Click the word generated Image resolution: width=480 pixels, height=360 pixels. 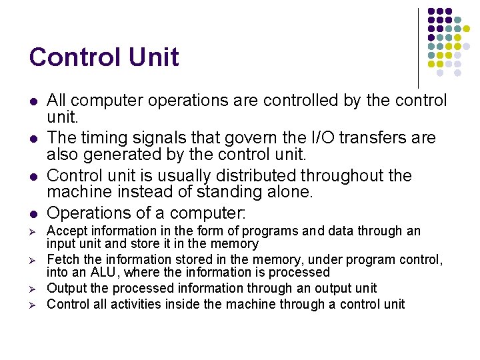tap(134, 155)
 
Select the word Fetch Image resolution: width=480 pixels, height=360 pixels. tap(62, 259)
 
